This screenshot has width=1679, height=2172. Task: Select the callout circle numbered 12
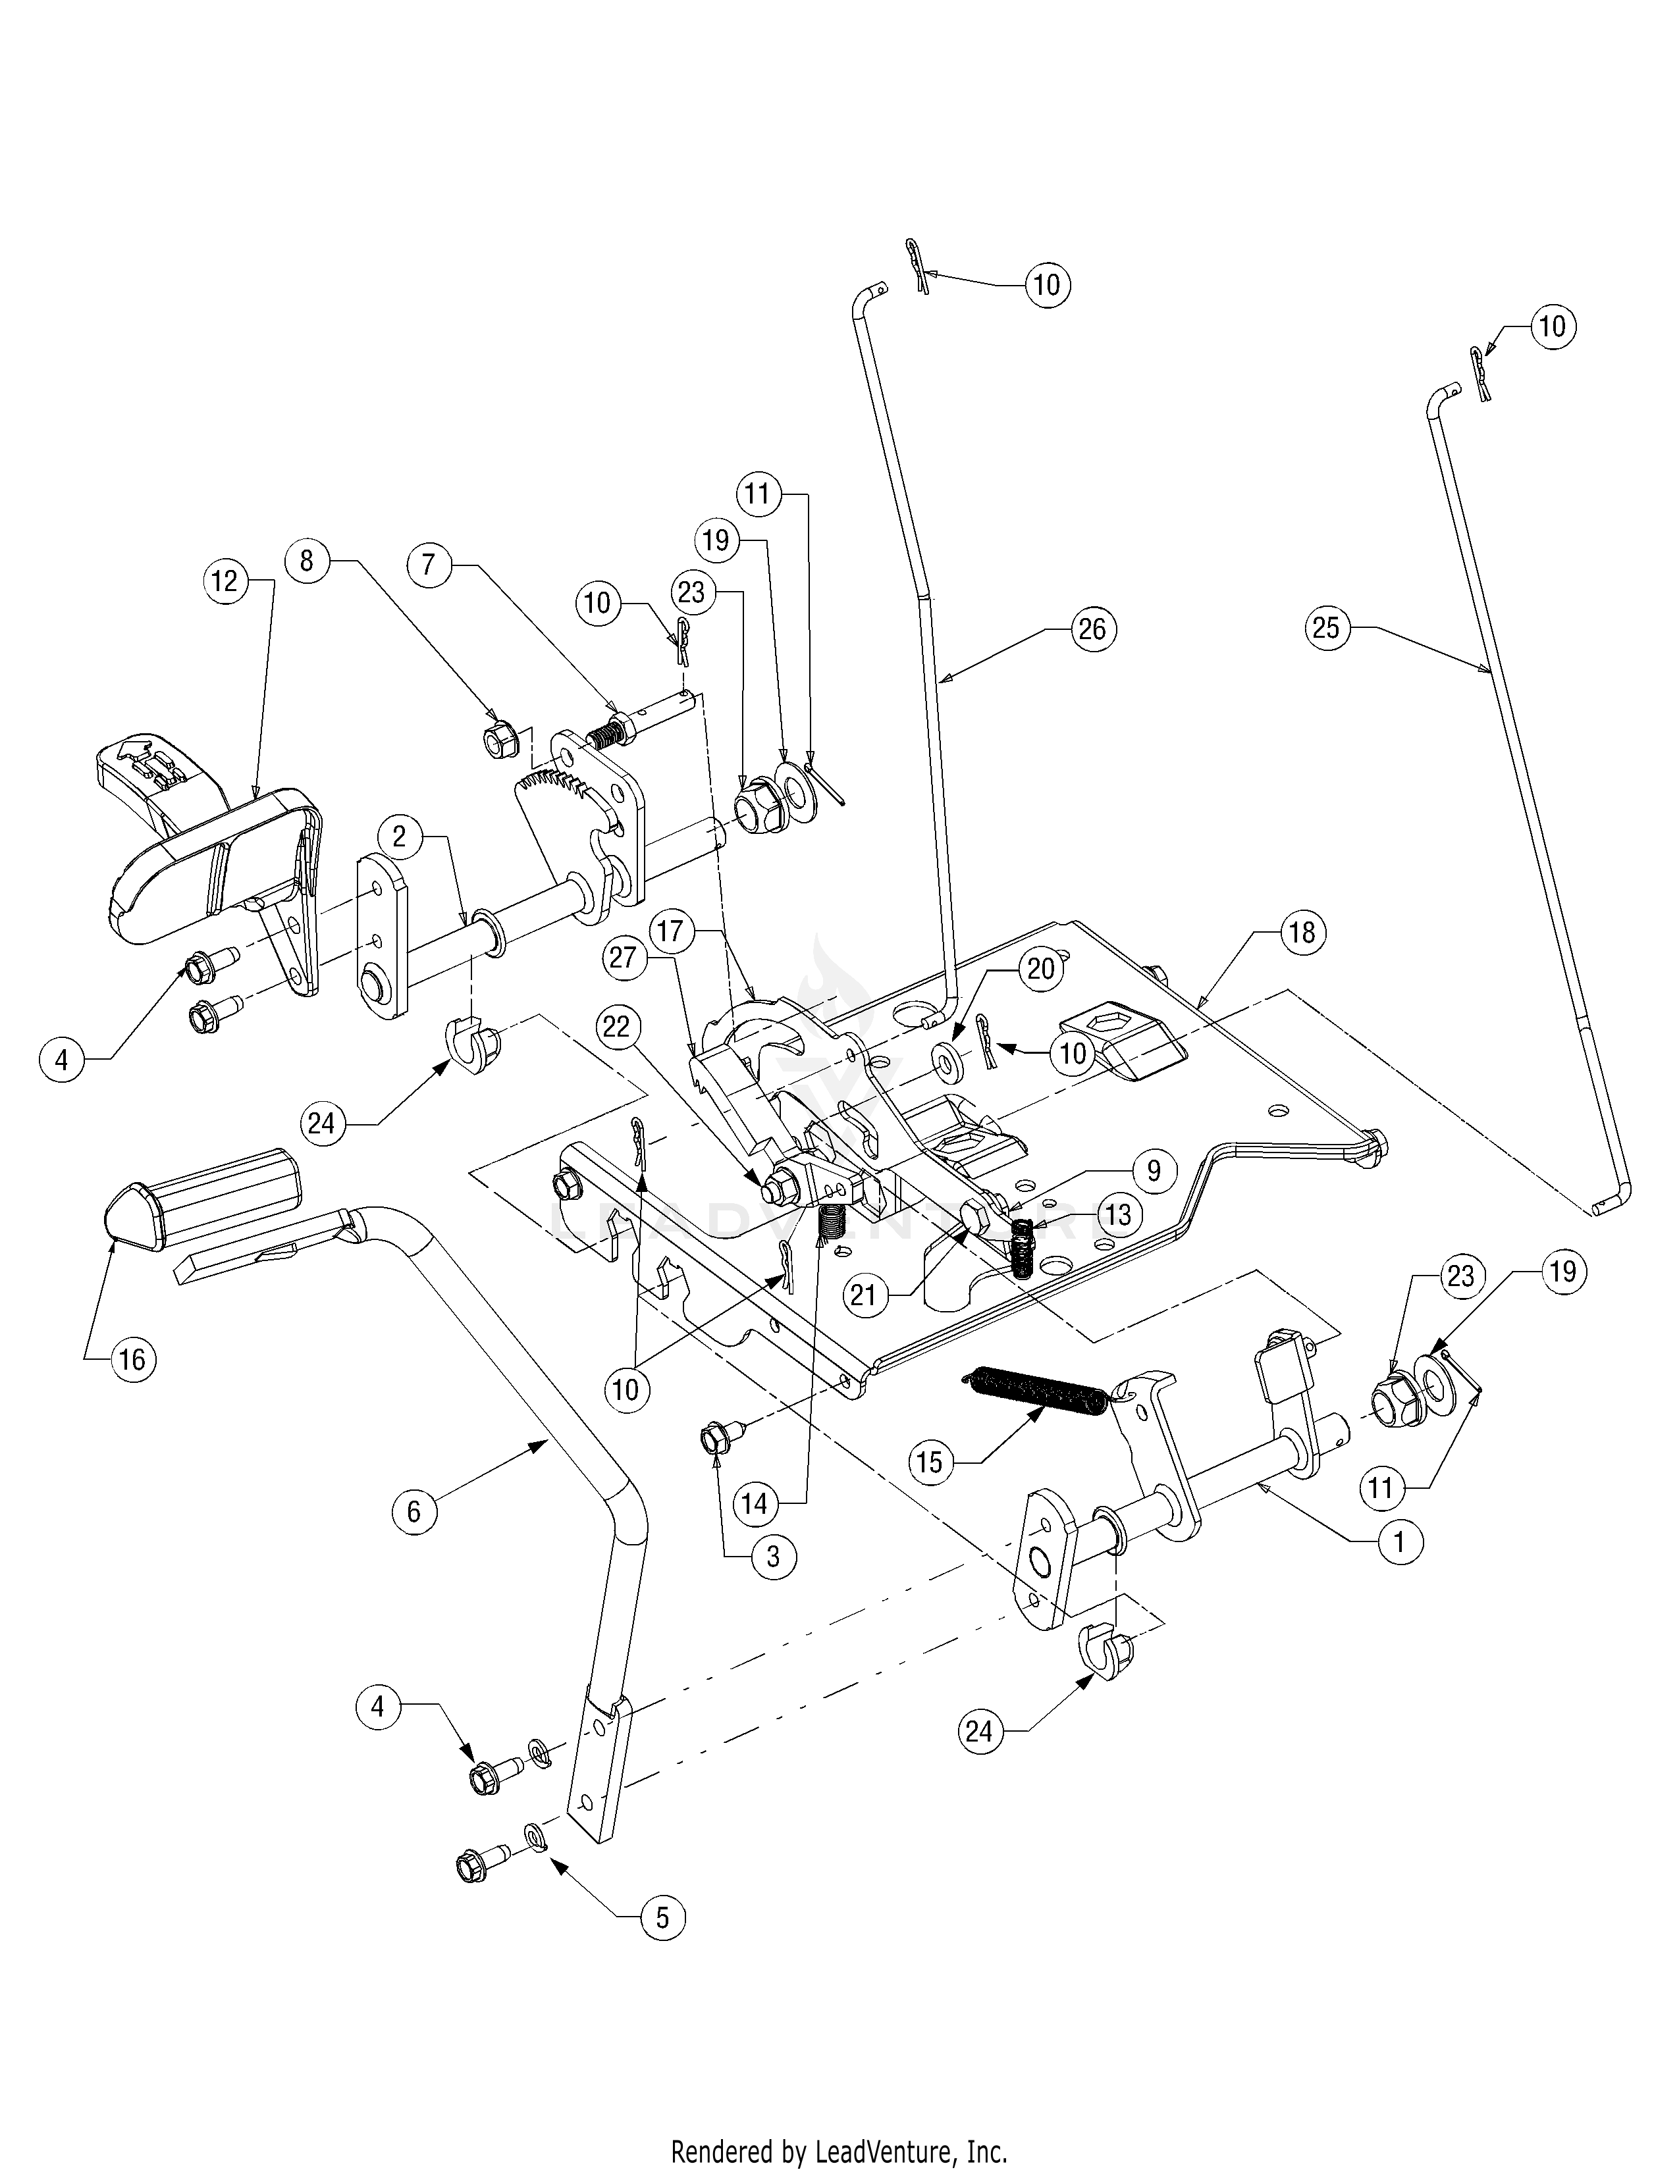pyautogui.click(x=225, y=581)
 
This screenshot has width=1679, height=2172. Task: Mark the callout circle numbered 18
pyautogui.click(x=1302, y=932)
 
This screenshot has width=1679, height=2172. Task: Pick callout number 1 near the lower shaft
pyautogui.click(x=1400, y=1543)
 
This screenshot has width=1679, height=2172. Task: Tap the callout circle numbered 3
pyautogui.click(x=773, y=1557)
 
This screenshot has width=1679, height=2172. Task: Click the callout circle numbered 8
pyautogui.click(x=306, y=561)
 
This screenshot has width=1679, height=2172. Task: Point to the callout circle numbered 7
pyautogui.click(x=429, y=564)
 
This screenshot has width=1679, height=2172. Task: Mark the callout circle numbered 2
pyautogui.click(x=399, y=837)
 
